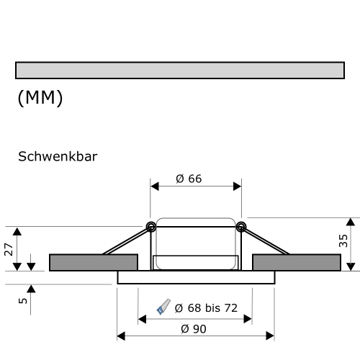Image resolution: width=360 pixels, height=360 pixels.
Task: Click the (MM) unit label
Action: point(40,98)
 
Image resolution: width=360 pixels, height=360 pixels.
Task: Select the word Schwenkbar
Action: point(57,156)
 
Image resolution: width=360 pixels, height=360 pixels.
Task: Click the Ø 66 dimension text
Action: point(189,179)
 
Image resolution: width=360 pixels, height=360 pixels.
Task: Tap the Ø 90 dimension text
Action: point(194,328)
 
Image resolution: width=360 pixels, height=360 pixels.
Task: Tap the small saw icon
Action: point(163,308)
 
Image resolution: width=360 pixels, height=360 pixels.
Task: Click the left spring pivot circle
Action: point(151,228)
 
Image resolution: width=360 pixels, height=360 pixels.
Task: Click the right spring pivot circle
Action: point(240,228)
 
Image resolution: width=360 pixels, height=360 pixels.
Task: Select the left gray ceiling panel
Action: point(93,262)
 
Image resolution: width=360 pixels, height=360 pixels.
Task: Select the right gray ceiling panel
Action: point(296,262)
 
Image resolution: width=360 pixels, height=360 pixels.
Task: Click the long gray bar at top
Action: point(179,70)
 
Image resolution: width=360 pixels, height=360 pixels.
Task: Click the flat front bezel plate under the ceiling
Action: point(195,277)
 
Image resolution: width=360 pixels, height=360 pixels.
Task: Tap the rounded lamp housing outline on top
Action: point(195,220)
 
